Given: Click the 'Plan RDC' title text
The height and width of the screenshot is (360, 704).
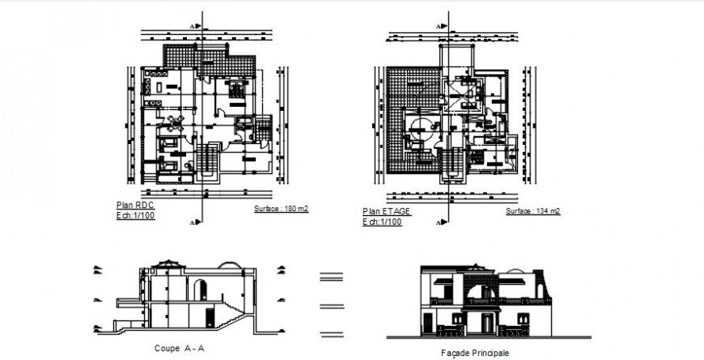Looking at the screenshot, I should pyautogui.click(x=135, y=205).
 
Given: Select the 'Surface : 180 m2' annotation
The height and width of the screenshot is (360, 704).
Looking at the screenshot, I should pyautogui.click(x=281, y=209).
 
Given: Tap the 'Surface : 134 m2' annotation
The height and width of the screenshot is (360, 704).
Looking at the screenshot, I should pyautogui.click(x=532, y=211).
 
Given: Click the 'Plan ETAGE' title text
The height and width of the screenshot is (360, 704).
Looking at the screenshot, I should pyautogui.click(x=386, y=211).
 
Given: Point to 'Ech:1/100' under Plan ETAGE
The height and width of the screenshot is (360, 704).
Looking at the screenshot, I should pyautogui.click(x=382, y=221).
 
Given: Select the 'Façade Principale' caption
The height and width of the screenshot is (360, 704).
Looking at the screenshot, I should pyautogui.click(x=475, y=353).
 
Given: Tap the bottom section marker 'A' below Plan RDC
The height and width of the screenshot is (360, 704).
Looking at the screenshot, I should pyautogui.click(x=192, y=221).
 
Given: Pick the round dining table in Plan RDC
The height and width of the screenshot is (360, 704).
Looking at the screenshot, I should pyautogui.click(x=174, y=122).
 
